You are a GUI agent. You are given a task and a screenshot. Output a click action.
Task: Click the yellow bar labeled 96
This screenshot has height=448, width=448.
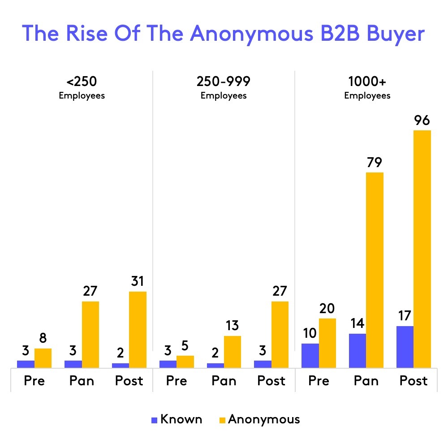coord(422,249)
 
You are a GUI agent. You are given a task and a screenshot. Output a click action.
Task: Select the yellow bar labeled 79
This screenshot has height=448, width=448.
coord(375,270)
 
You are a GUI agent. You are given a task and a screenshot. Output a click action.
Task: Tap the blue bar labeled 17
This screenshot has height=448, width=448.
coord(405,347)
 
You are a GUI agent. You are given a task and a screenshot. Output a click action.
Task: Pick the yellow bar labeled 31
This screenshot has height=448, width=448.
coord(138,330)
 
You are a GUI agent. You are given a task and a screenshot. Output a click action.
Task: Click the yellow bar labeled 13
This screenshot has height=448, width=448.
coord(232,352)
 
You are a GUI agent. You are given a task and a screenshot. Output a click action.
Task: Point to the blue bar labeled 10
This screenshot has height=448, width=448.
coord(310,356)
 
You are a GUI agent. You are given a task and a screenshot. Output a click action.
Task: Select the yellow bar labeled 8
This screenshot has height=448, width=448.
coord(43,358)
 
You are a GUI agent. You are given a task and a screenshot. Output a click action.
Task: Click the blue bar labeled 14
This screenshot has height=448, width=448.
coord(358,351)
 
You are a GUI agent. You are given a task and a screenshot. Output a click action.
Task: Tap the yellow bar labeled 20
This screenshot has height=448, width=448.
coord(327,343)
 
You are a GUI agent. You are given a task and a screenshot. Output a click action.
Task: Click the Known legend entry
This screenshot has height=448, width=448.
coord(177,420)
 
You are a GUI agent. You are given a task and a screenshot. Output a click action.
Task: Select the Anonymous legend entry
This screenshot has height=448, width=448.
coord(258,420)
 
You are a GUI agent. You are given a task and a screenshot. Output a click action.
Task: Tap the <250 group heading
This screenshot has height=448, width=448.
coord(82,82)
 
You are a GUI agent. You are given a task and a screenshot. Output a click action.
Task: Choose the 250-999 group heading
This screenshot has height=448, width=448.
coord(224,82)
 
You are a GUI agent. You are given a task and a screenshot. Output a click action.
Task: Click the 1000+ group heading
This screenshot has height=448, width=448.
coord(366,82)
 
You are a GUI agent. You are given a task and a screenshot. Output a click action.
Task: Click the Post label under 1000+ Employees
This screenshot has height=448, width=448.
coord(414,381)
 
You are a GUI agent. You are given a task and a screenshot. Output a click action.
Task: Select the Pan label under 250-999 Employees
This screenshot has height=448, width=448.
coord(224,381)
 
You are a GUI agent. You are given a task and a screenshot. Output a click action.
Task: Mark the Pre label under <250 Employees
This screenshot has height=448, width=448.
coord(34,381)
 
